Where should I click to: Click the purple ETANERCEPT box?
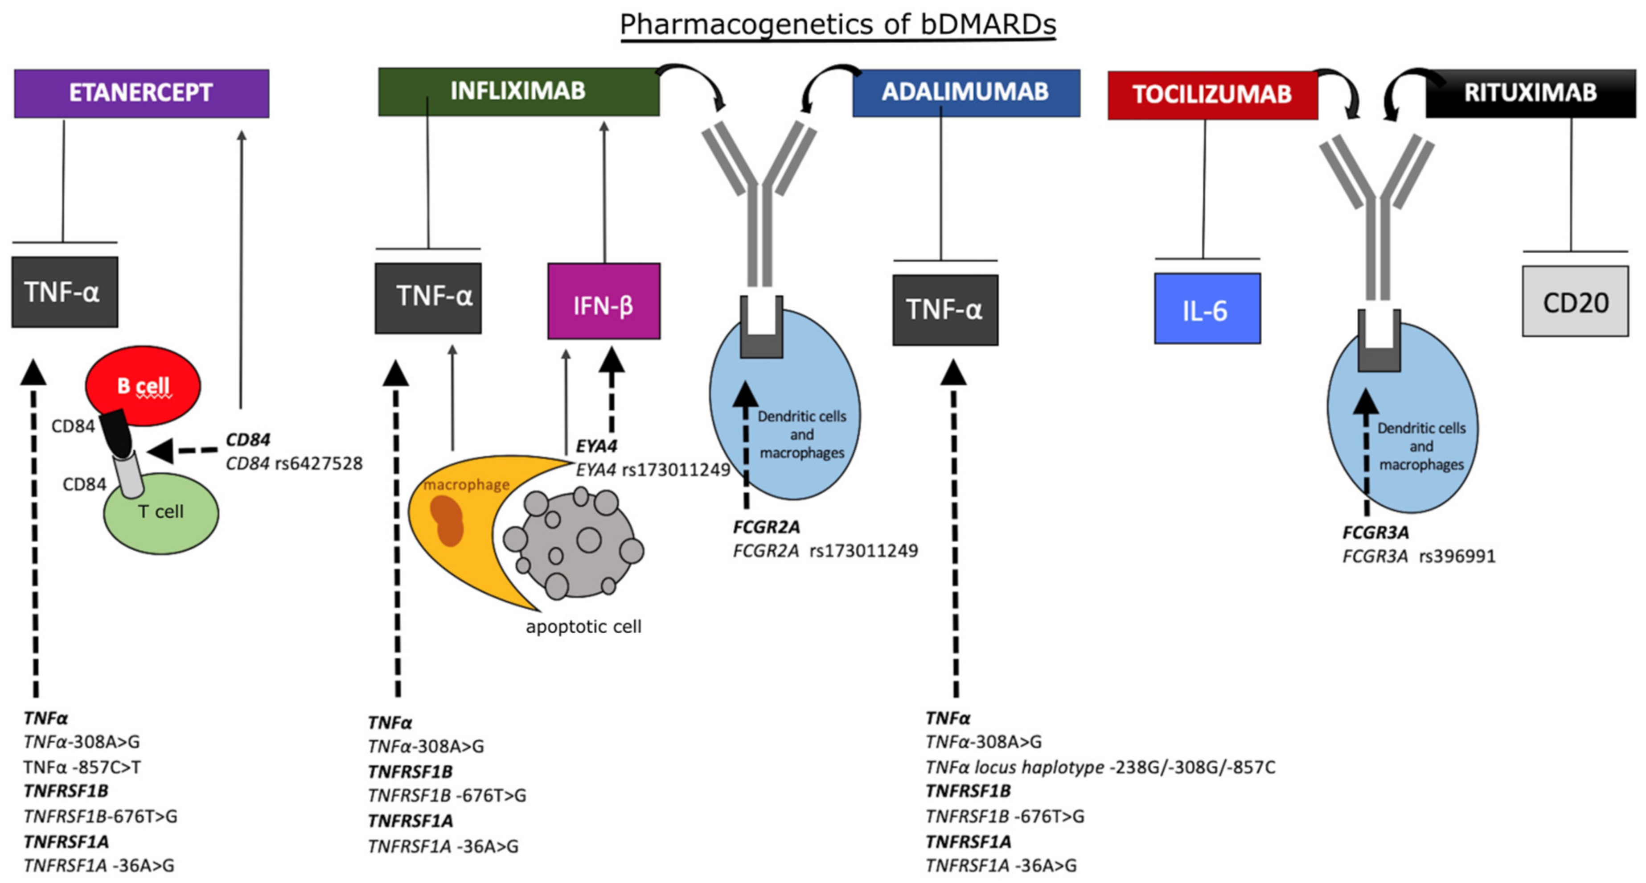pyautogui.click(x=141, y=93)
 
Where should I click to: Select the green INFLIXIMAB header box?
pyautogui.click(x=518, y=91)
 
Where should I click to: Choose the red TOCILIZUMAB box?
pyautogui.click(x=1212, y=95)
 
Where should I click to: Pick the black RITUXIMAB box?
pyautogui.click(x=1531, y=93)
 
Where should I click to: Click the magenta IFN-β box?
pyautogui.click(x=603, y=301)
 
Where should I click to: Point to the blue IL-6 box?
pyautogui.click(x=1207, y=309)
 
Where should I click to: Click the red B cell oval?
pyautogui.click(x=143, y=385)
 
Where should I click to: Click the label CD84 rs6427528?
pyautogui.click(x=294, y=463)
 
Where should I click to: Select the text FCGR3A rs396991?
pyautogui.click(x=1419, y=556)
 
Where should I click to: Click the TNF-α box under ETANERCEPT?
pyautogui.click(x=65, y=292)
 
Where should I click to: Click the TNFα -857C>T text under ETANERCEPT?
pyautogui.click(x=82, y=767)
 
